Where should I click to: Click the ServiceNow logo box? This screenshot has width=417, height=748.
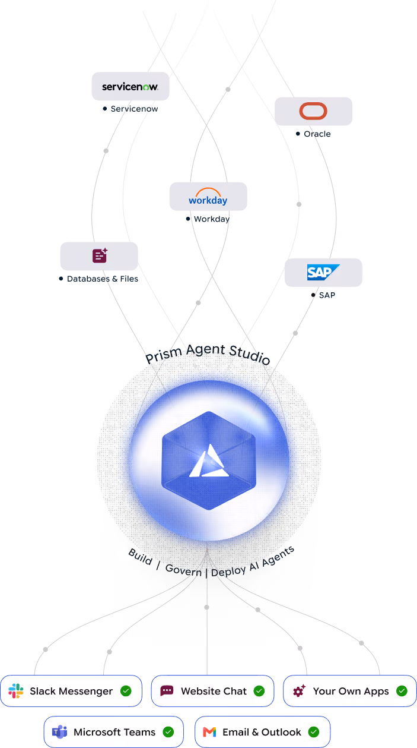130,86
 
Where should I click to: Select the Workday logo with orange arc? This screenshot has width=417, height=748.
208,197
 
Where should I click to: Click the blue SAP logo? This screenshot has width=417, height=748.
323,272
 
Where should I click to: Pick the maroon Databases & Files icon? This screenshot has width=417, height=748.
100,255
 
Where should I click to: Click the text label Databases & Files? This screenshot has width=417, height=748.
103,279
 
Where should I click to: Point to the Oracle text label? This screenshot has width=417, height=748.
317,134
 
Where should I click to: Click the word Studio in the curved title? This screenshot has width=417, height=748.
250,354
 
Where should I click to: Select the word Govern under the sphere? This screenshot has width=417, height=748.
184,570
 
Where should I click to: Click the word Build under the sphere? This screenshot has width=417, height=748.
141,557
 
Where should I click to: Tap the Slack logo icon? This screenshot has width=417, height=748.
15,691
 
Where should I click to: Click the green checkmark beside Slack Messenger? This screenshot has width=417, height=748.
126,691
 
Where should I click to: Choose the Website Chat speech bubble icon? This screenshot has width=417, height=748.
167,690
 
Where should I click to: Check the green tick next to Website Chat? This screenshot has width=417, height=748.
259,691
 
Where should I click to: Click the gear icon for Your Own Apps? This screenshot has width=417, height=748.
299,690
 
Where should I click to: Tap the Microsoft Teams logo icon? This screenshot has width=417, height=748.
59,732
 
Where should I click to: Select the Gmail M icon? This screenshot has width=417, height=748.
209,732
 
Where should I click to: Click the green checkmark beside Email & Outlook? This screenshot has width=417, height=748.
313,732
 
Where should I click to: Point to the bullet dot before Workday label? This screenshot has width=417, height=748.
188,219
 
